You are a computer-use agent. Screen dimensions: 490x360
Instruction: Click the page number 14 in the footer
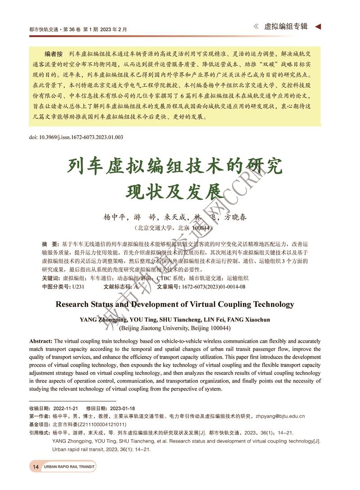tap(36, 467)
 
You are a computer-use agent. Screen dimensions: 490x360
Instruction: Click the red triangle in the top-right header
tap(318, 27)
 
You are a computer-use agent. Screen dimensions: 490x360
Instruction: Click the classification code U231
tap(78, 286)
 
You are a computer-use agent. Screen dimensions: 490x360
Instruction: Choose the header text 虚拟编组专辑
tap(286, 27)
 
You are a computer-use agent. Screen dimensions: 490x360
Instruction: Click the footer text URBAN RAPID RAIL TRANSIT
tap(69, 467)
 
